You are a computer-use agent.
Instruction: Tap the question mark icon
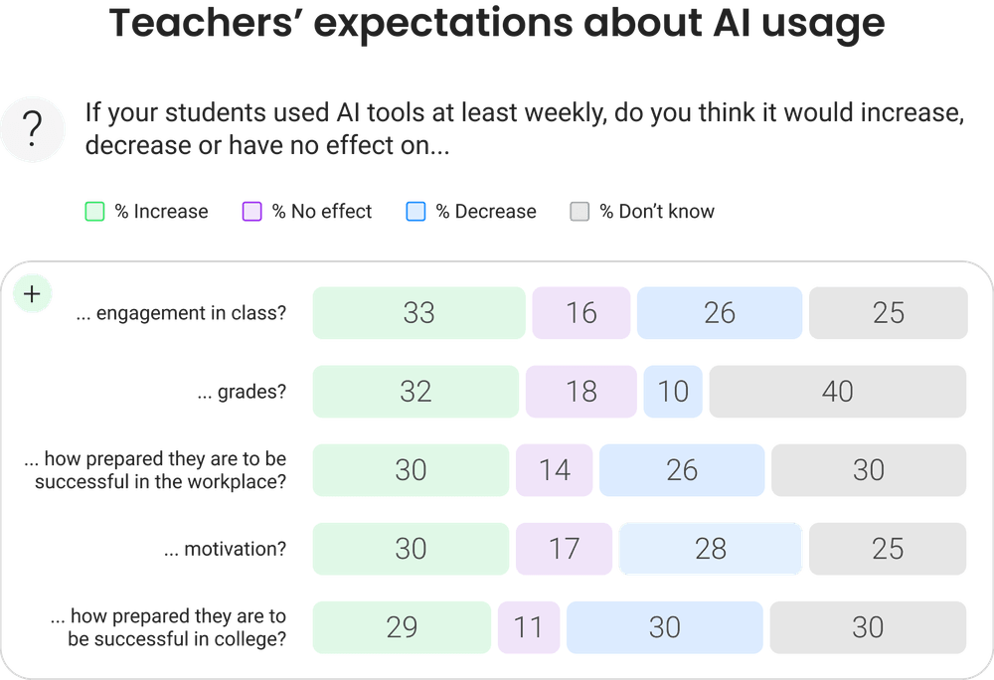pos(33,129)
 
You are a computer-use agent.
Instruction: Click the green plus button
pos(32,294)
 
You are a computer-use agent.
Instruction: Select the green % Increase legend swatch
pos(94,212)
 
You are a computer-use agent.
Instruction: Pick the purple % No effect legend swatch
pos(252,212)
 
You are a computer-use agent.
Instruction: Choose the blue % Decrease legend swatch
pos(415,212)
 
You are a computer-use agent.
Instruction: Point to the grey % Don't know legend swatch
pos(580,212)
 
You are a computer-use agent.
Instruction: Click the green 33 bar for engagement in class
pos(418,313)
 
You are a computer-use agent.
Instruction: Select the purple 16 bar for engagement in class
pos(580,313)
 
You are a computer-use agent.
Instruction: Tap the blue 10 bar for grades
pos(673,392)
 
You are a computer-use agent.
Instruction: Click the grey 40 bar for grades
pos(837,392)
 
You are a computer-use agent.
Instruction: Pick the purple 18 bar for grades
pos(580,392)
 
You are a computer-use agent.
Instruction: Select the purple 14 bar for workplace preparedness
pos(554,470)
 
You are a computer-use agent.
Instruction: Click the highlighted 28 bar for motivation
pos(711,549)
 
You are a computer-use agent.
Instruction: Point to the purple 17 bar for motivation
pos(564,549)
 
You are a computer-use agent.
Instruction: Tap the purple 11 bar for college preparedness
pos(529,627)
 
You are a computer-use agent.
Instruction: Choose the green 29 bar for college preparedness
pos(402,627)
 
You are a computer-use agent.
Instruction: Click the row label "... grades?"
pos(243,392)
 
